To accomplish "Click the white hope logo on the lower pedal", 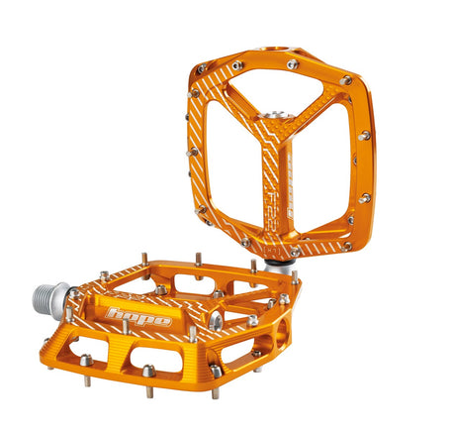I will [x=139, y=317].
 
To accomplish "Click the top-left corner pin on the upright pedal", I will [x=202, y=69].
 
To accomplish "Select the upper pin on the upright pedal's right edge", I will [x=364, y=135].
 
